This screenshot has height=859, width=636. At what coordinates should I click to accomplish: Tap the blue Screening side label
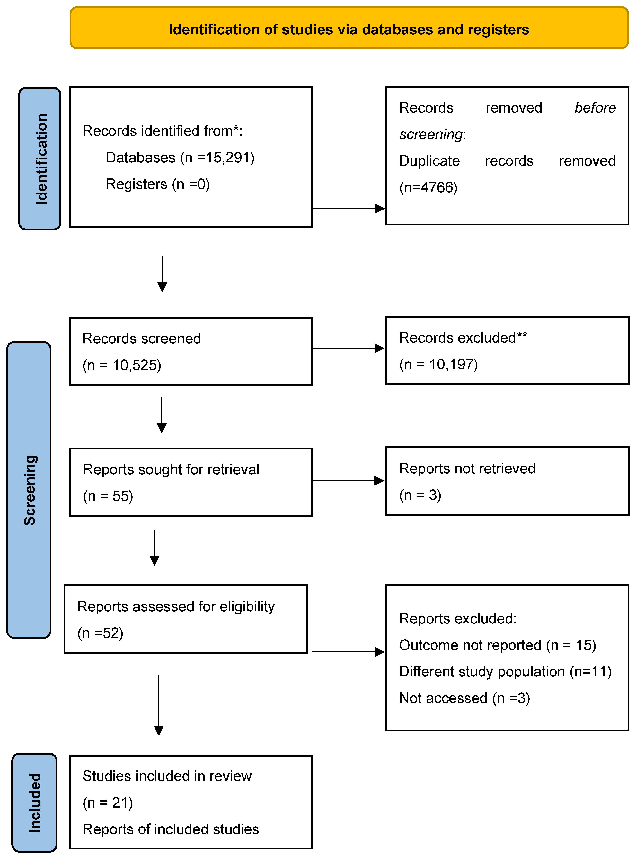30,490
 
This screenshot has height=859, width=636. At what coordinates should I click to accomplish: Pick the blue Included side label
35,803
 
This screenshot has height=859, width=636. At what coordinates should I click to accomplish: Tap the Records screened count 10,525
122,365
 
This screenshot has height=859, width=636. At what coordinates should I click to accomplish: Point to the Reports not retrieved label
467,468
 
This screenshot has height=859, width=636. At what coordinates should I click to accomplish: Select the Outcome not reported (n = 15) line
497,645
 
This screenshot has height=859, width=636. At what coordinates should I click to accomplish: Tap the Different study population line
505,672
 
